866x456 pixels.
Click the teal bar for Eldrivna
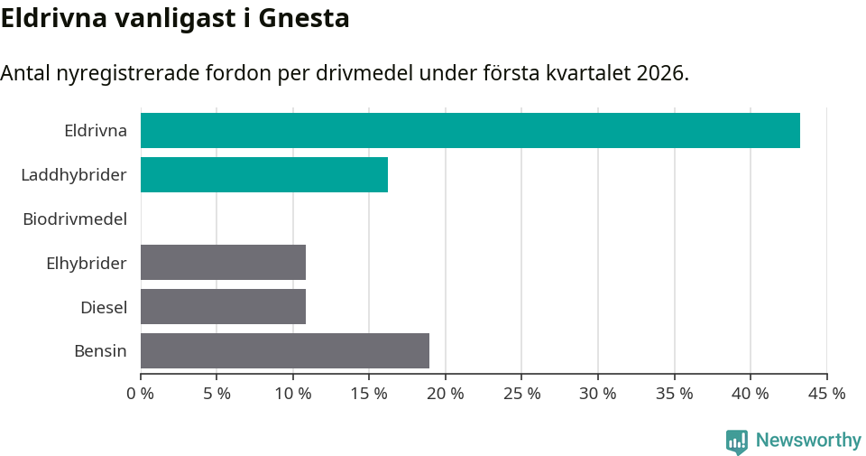(470, 130)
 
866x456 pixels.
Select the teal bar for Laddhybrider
(264, 174)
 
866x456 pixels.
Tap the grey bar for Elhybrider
(223, 262)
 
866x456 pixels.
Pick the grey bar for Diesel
(223, 306)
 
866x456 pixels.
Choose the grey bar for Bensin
(285, 350)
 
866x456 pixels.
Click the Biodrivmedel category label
(75, 219)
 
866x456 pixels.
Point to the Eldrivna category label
(96, 130)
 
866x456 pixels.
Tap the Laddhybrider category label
(74, 174)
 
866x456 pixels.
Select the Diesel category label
(104, 307)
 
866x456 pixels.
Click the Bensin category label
(100, 351)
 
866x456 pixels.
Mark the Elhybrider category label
(87, 263)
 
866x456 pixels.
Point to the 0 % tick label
(141, 394)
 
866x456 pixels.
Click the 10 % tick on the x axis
(293, 394)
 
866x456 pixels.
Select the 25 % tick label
(522, 394)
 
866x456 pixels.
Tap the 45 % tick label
(827, 394)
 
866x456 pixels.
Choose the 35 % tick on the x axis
(675, 394)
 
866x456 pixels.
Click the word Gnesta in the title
(304, 18)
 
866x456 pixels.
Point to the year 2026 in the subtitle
(659, 73)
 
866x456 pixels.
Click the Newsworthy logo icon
(737, 441)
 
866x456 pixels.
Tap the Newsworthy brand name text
(808, 441)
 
